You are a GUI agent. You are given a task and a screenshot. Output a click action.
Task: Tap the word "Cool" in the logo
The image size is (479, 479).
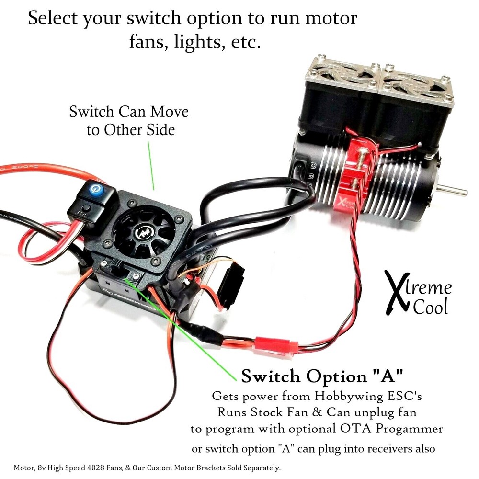(x=431, y=307)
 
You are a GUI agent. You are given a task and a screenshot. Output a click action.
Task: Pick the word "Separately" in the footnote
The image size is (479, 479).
(x=259, y=468)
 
